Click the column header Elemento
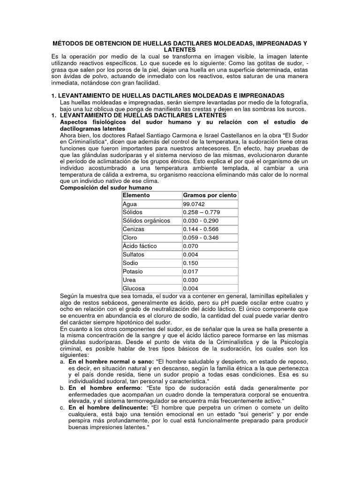[x=136, y=195]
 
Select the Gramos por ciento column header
[x=209, y=195]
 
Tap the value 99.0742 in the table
[x=194, y=204]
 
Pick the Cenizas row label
[x=134, y=229]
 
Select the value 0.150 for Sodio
[x=191, y=263]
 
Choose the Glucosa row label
[x=134, y=288]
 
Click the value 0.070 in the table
[x=191, y=246]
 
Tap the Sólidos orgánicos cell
[x=146, y=221]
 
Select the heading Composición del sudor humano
[x=106, y=187]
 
